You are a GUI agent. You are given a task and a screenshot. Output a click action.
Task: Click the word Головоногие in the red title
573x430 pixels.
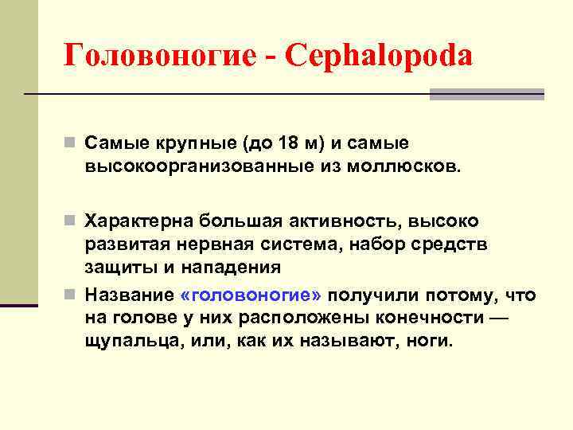coord(158,56)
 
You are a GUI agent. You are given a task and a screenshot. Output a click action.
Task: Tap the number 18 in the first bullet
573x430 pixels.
coord(288,143)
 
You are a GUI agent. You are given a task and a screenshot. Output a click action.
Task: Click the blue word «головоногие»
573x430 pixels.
coord(251,295)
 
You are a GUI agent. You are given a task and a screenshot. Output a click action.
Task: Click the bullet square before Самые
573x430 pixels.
coord(71,144)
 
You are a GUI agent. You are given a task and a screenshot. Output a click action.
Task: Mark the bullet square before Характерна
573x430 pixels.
coord(71,220)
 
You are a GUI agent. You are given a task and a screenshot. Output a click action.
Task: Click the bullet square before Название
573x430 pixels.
coord(71,295)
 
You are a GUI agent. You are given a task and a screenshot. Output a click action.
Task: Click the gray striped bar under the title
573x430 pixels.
coord(486,94)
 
